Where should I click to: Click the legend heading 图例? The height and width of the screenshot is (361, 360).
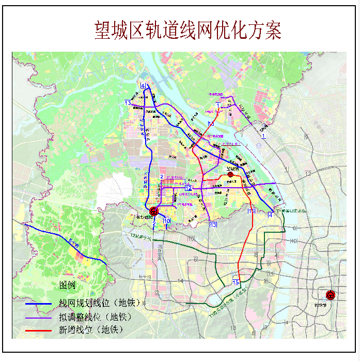[x=67, y=285]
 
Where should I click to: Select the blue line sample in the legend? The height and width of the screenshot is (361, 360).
[x=40, y=304]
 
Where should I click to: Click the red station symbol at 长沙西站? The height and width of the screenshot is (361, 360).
[x=153, y=211]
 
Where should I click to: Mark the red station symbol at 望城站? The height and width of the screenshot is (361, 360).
[x=231, y=175]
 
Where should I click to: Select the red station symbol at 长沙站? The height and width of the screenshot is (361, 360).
[x=331, y=295]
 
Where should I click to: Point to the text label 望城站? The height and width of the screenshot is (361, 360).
[x=234, y=168]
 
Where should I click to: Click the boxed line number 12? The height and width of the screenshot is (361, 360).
[x=189, y=188]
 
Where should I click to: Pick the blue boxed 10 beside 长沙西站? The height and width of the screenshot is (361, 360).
[x=166, y=221]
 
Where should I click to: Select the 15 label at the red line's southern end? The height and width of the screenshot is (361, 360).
[x=236, y=282]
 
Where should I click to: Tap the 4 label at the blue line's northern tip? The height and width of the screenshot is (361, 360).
[x=143, y=86]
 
